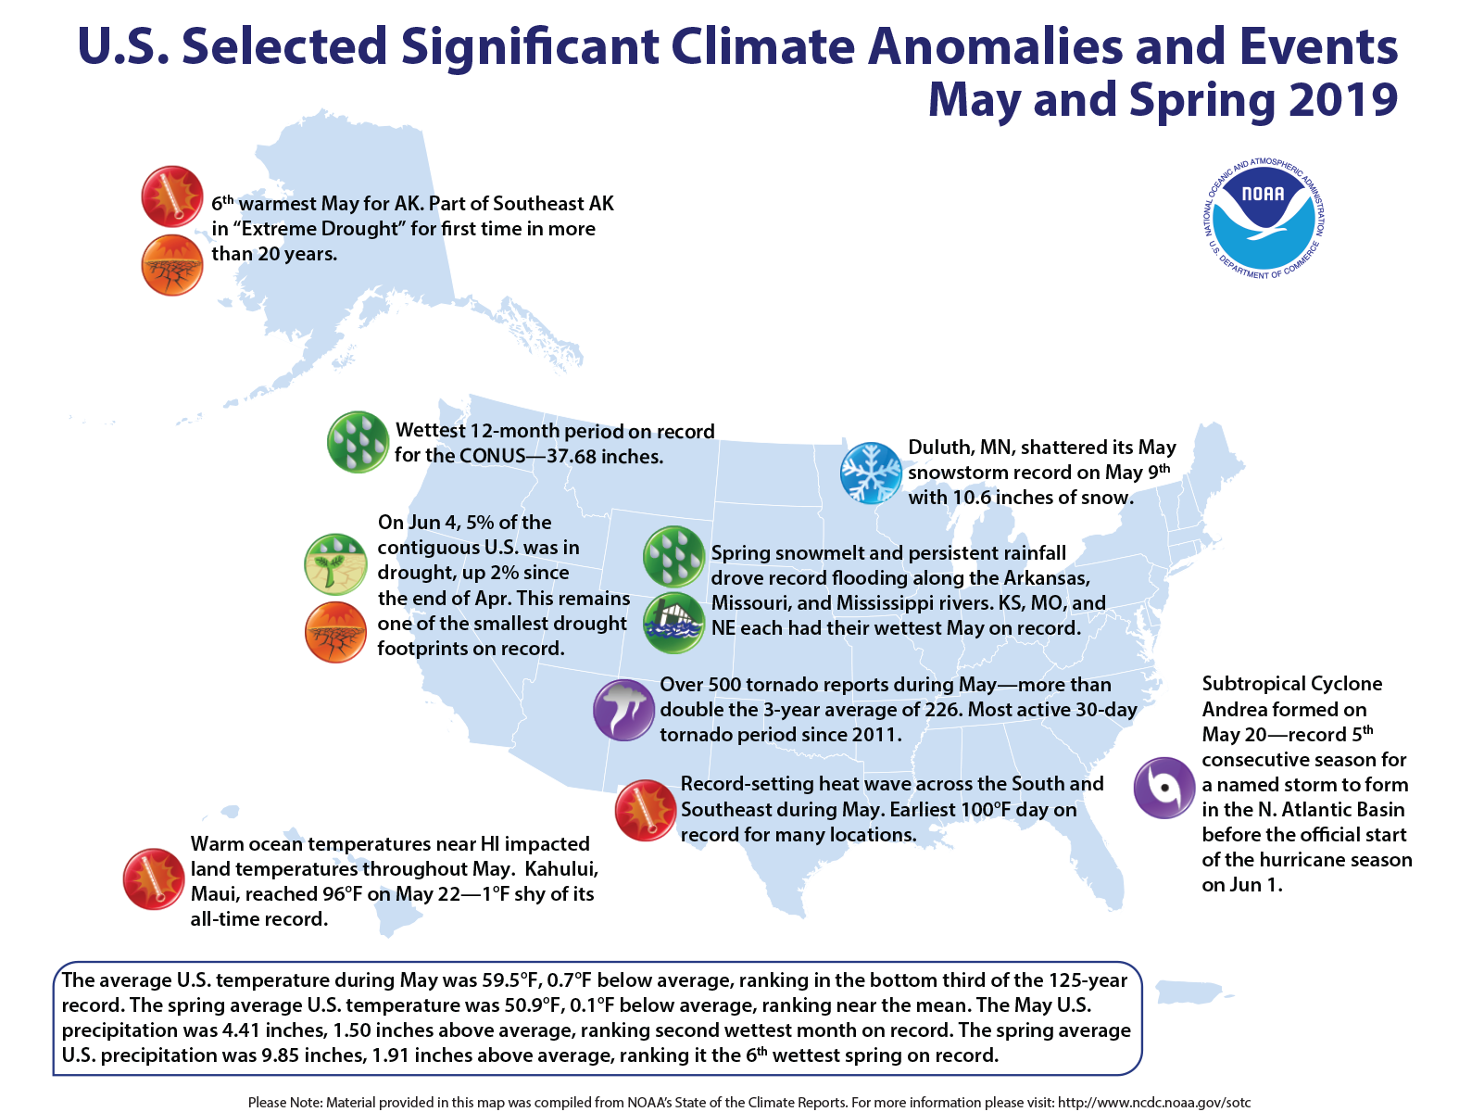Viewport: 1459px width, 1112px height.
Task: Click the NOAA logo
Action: [1264, 219]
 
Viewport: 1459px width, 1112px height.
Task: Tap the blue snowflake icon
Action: [870, 473]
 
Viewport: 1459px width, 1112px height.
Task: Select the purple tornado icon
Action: [623, 710]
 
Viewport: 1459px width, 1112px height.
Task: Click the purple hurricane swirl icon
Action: [1164, 788]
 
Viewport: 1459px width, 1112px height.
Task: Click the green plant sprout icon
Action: [335, 563]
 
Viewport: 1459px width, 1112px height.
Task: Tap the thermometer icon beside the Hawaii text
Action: [154, 878]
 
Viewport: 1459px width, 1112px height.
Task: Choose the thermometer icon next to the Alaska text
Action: [172, 196]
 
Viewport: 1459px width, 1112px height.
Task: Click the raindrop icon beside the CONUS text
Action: [358, 442]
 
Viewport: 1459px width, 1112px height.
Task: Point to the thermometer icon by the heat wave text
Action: [646, 810]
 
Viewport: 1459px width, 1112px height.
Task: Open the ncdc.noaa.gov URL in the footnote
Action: [1154, 1103]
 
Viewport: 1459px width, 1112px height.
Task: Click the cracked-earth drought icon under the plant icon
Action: [335, 632]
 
